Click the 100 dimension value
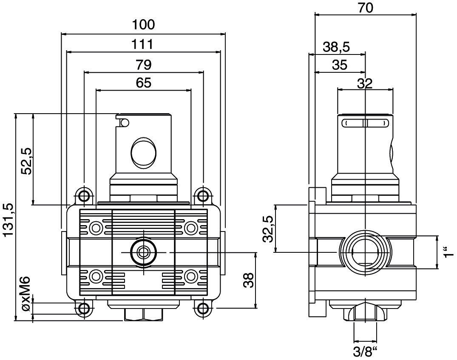pyautogui.click(x=143, y=25)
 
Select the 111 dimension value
pyautogui.click(x=142, y=44)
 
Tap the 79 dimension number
pyautogui.click(x=144, y=65)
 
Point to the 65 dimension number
pyautogui.click(x=144, y=83)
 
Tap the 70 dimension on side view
pyautogui.click(x=365, y=8)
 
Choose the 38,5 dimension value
pyautogui.click(x=336, y=47)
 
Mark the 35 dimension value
pyautogui.click(x=340, y=65)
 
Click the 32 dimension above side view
pyautogui.click(x=365, y=84)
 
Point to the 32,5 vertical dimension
pyautogui.click(x=268, y=229)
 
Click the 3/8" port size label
pyautogui.click(x=365, y=352)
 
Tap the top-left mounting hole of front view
pyautogui.click(x=84, y=195)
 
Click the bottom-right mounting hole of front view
pyautogui.click(x=203, y=308)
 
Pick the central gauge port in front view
pyautogui.click(x=143, y=252)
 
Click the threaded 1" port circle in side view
pyautogui.click(x=365, y=251)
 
